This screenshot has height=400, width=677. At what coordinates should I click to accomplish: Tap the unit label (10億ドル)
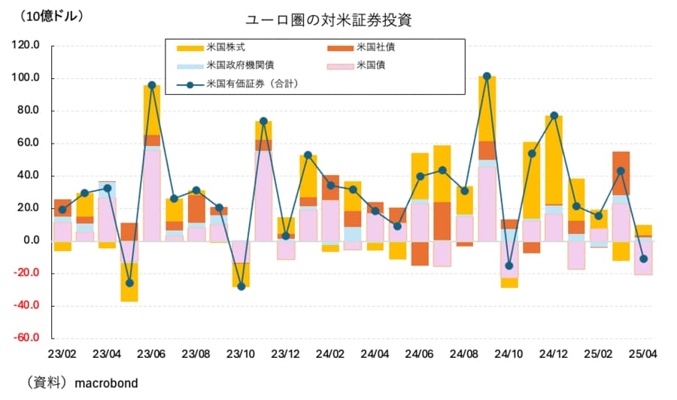52,15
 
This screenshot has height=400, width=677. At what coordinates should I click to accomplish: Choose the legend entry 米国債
369,65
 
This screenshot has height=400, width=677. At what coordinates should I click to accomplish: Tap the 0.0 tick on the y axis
32,241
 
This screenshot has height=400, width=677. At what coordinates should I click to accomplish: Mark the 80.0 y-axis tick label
29,111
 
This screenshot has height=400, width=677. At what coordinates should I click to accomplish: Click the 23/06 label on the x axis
151,353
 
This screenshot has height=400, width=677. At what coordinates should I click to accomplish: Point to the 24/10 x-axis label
509,353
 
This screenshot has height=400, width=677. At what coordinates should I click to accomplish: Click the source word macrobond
106,383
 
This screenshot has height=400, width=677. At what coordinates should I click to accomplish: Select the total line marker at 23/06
152,85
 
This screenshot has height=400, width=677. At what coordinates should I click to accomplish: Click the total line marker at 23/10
241,286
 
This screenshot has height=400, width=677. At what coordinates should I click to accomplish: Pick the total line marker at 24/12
554,116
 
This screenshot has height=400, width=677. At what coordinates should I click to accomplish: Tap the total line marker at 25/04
643,259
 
